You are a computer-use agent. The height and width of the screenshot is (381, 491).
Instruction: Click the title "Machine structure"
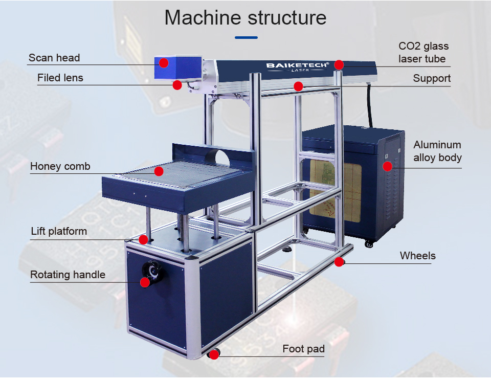(245, 17)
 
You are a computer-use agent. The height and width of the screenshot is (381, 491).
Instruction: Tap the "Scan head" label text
(54, 58)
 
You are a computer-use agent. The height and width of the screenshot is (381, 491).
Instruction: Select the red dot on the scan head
(163, 63)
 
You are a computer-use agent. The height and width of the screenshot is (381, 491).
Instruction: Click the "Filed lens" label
(60, 78)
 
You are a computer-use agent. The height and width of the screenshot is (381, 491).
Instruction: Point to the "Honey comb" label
(60, 166)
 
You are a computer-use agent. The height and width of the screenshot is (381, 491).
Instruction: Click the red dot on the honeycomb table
(159, 171)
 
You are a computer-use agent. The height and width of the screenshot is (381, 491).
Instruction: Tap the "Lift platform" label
(59, 231)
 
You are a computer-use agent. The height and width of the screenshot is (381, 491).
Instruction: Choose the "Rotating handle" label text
(68, 275)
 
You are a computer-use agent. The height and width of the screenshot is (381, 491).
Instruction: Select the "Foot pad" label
(303, 349)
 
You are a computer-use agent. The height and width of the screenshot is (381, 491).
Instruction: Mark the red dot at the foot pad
(214, 354)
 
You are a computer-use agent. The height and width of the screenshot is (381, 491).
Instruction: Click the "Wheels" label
(417, 255)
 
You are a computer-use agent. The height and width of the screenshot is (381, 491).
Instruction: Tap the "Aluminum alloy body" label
(437, 151)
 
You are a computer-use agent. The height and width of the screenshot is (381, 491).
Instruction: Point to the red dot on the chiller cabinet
(387, 166)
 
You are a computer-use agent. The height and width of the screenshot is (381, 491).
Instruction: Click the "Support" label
(432, 78)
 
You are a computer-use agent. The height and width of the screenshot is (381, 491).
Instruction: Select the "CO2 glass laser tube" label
(423, 53)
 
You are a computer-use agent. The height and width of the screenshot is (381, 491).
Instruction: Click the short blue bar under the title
(246, 37)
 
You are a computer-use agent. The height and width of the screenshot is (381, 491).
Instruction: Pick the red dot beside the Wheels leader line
(339, 262)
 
